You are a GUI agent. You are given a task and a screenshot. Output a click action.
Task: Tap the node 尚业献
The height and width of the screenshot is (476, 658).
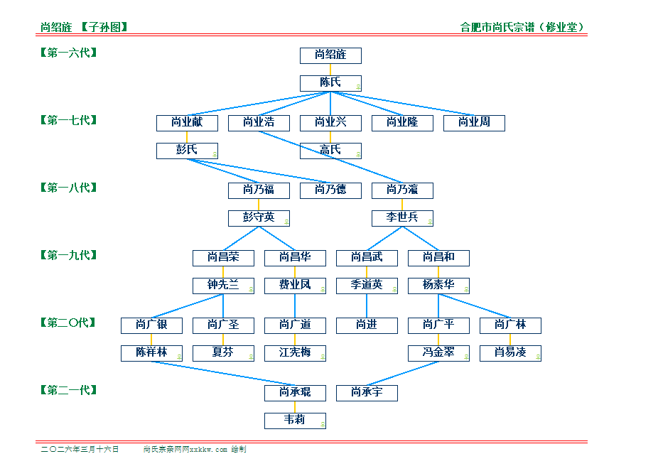coord(187,123)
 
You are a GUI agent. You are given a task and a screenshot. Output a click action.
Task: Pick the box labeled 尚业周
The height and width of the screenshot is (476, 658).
coord(474,123)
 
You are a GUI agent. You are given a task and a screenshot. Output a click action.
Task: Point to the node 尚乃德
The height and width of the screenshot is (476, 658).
coord(330,190)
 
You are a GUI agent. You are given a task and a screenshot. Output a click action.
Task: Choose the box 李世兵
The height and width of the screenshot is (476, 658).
coord(402,218)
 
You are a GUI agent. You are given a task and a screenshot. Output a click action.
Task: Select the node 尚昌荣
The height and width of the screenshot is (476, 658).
coord(223,258)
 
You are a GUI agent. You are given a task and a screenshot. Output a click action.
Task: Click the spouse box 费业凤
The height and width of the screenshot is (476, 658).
coord(295,286)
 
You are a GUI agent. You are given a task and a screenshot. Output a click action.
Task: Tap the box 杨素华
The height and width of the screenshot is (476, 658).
coord(438,286)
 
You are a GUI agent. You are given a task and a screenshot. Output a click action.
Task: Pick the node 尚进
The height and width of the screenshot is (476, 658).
coord(367,325)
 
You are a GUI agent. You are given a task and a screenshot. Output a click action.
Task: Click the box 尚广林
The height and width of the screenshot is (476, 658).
coord(510,325)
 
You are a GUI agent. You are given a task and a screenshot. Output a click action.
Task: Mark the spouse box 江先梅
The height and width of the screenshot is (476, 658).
coord(295,353)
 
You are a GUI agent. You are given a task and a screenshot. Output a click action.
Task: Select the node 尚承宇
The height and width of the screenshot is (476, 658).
coord(367,393)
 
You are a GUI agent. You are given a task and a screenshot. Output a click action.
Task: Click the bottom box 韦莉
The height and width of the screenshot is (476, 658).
coord(295,421)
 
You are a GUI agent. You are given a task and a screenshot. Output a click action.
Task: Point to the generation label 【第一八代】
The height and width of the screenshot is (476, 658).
coord(68,188)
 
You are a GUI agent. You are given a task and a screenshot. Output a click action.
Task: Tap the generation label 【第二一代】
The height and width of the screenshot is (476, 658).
coord(68,390)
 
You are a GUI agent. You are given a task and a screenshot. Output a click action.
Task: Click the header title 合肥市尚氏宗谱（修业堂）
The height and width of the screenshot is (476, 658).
coord(523,28)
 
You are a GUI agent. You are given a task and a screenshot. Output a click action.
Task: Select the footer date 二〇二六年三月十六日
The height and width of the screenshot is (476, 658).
coord(80,450)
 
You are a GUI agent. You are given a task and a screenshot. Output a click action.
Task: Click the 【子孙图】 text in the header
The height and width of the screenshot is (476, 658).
coord(104,28)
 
